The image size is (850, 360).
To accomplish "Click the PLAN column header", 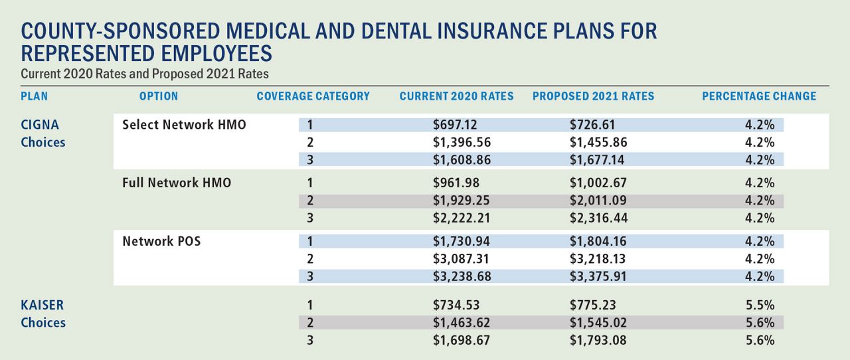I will point(35,96).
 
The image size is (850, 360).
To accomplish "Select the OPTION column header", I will point(159,96).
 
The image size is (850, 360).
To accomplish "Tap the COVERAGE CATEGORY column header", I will point(313,96).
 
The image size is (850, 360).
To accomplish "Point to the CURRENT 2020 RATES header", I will point(456,96).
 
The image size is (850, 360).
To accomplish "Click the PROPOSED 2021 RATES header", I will point(593,96).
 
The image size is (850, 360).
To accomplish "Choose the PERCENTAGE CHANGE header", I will point(759,96).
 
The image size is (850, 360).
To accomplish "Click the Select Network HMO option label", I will point(184,125).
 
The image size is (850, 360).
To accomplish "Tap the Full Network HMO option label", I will point(177,183).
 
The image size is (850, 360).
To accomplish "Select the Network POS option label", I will point(161,241).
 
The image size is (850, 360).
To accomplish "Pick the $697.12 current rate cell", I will point(456,125).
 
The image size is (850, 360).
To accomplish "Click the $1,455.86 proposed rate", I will point(598,142).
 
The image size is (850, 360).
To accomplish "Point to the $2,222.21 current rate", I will point(462,218).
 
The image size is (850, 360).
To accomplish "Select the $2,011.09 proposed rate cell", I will point(598,201).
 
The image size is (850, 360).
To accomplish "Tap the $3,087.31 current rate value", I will point(462,259).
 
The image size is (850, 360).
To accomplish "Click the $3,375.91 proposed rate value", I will point(598,276).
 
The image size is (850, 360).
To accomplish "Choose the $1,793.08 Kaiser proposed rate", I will point(598,340).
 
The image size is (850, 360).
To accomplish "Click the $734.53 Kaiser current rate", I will point(456,306).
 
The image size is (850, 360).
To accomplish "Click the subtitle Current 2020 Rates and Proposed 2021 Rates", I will point(144,73).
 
